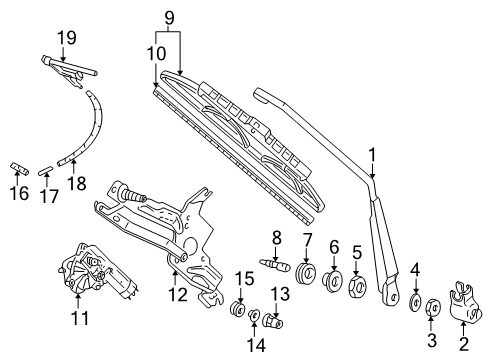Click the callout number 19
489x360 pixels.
tap(67, 38)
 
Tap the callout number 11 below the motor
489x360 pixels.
tap(80, 318)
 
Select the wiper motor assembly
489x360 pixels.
tap(98, 271)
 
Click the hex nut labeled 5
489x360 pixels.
tap(358, 286)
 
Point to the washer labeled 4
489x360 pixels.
tap(415, 302)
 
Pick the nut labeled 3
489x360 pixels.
tap(433, 307)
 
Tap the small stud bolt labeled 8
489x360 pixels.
tap(275, 265)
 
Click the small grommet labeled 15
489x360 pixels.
tap(238, 309)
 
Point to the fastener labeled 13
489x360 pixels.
tap(273, 322)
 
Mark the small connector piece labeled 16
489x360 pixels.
tap(19, 168)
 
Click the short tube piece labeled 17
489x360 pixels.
tap(45, 171)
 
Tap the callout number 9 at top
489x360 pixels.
tap(169, 18)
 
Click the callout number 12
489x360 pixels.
tap(178, 294)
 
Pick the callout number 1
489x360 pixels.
tap(372, 155)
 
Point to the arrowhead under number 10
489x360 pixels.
tap(156, 85)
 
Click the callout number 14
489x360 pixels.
tap(256, 345)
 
